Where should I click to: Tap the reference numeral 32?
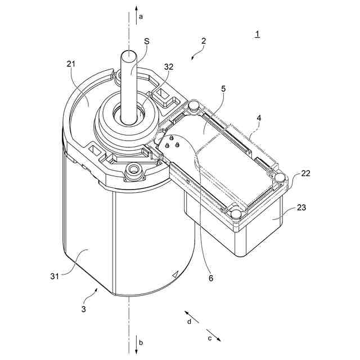169,66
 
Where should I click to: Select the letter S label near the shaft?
146,41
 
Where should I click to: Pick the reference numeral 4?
259,118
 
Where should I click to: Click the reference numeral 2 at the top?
204,41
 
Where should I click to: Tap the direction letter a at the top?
141,17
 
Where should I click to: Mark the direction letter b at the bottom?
141,343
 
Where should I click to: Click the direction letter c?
210,338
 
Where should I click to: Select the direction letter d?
189,321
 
